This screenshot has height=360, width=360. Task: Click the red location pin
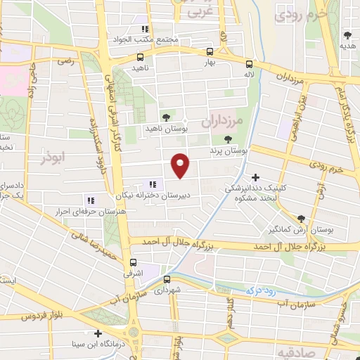[181, 165]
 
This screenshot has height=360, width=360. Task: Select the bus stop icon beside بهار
[210, 51]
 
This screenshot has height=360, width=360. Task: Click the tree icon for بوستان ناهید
[166, 117]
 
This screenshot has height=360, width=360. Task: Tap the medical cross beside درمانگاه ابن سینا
[97, 333]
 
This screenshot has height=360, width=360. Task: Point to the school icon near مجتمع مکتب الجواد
[144, 29]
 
